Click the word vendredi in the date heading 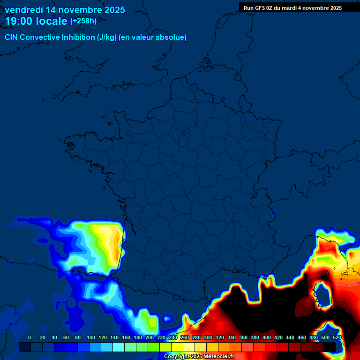pos(24,10)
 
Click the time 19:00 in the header pos(20,21)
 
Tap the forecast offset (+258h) pos(83,21)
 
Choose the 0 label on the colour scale pos(30,337)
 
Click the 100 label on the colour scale pos(90,337)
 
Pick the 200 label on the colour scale pos(150,337)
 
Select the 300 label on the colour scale pos(208,337)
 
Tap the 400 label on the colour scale pos(267,337)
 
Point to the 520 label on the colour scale pos(337,337)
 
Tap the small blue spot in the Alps pos(273,214)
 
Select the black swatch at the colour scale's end pos(330,347)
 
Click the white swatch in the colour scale pos(189,347)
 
